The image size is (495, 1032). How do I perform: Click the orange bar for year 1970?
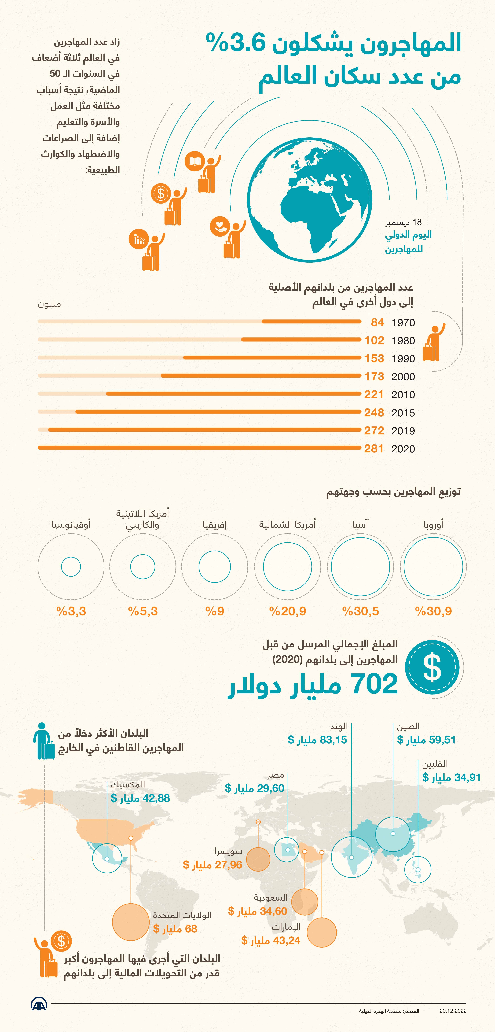[312, 321]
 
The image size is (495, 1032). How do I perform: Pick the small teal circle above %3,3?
[71, 566]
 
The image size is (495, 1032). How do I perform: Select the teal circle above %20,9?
[288, 566]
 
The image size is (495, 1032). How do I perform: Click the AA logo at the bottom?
[39, 1004]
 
